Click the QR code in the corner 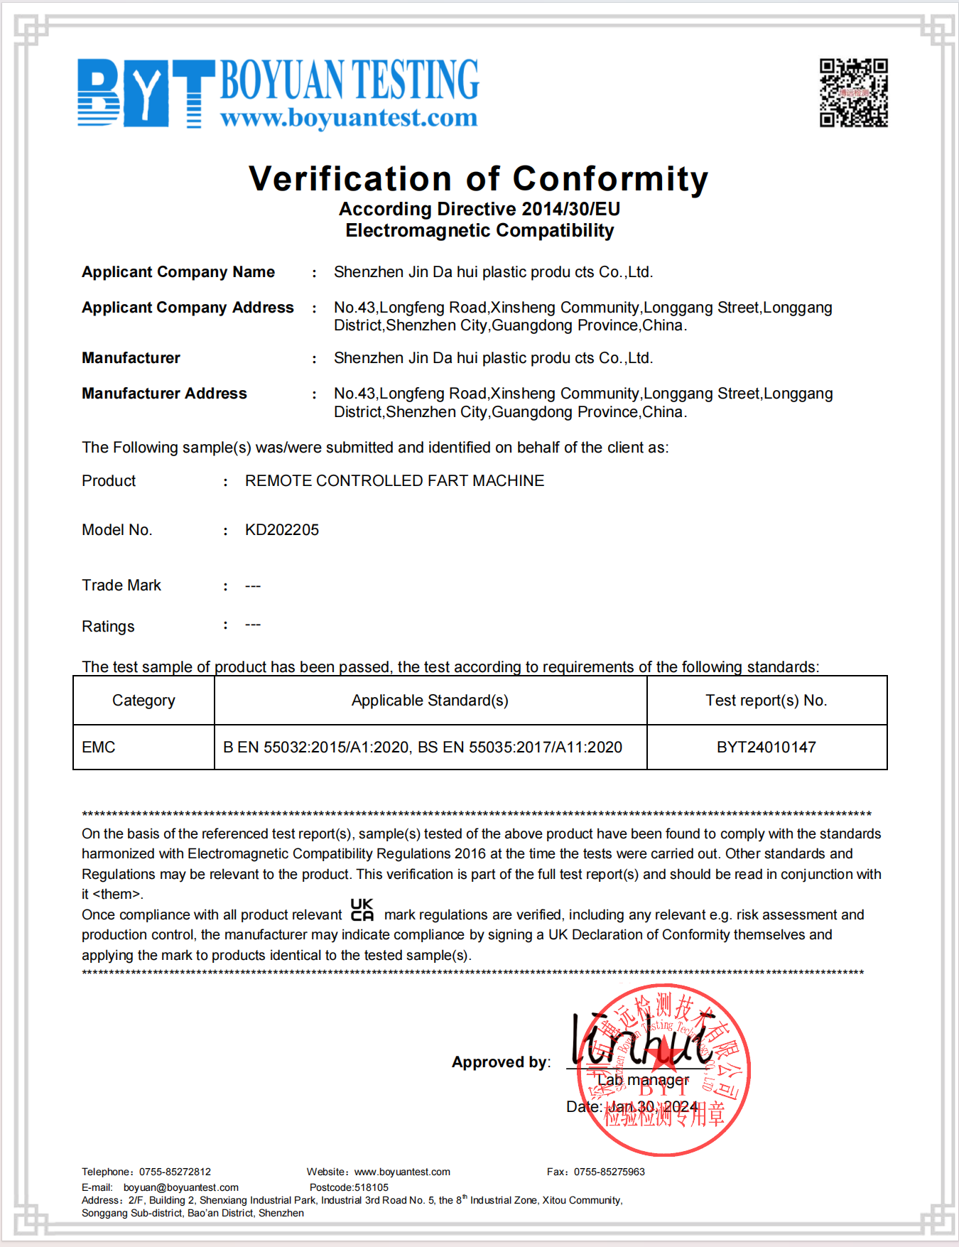853,92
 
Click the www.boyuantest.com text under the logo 349,117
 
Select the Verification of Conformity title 478,178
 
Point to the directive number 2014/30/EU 570,209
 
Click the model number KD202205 282,530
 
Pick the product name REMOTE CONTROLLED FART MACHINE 394,481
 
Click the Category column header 143,701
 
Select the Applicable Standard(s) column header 430,701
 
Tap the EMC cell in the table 99,747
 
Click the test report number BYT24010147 766,747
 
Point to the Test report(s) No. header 766,701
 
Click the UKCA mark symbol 362,910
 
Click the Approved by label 501,1062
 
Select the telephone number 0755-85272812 175,1172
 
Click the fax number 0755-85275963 609,1172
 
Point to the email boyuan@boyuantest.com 180,1187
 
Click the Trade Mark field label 121,585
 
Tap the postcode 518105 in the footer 371,1187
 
